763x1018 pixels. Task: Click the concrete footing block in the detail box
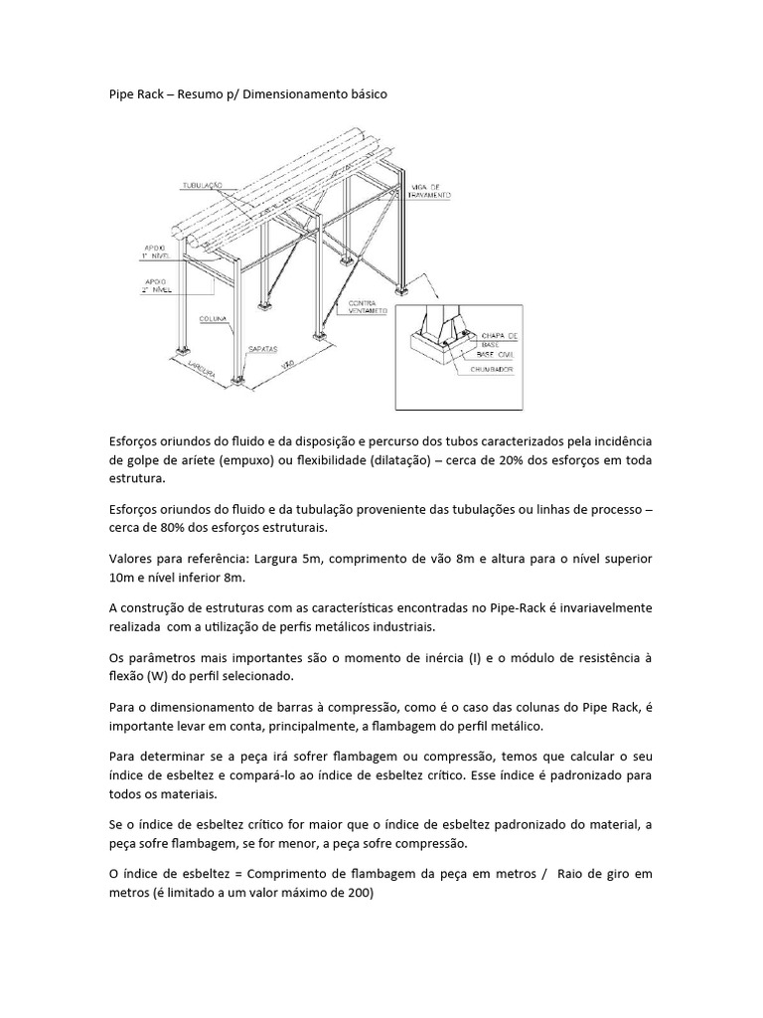(442, 358)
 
